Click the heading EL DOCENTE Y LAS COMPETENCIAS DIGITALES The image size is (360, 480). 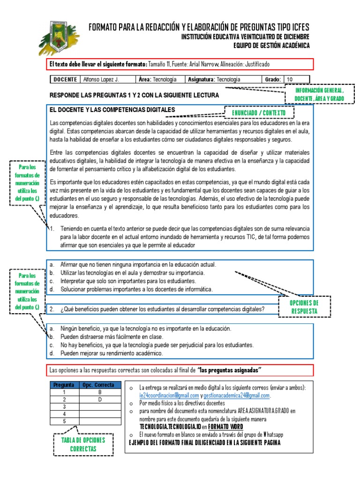click(x=112, y=110)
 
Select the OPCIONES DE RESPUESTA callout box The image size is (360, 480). click(x=304, y=307)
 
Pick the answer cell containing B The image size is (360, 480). click(x=99, y=392)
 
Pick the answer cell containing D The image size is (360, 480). click(x=99, y=399)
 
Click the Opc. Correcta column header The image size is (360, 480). click(x=98, y=385)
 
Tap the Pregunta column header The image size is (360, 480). click(x=64, y=385)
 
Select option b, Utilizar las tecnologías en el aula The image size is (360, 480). click(x=131, y=272)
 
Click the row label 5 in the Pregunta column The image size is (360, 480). click(x=64, y=421)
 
